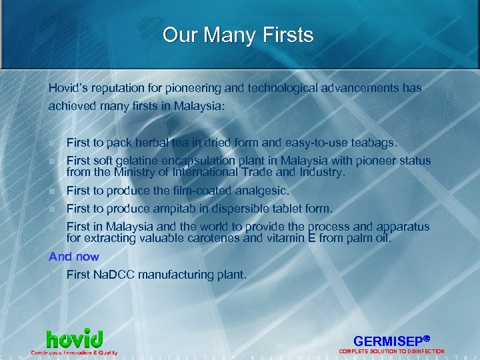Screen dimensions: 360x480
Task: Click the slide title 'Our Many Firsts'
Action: tap(238, 35)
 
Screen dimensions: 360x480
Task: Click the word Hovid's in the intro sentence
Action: tap(68, 88)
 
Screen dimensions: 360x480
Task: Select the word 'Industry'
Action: tap(322, 172)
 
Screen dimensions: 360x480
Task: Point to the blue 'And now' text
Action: tap(74, 257)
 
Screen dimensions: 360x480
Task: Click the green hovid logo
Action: tap(74, 339)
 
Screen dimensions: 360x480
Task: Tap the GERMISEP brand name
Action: tap(389, 339)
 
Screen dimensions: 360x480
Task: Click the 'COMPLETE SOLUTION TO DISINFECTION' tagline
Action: tap(391, 351)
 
